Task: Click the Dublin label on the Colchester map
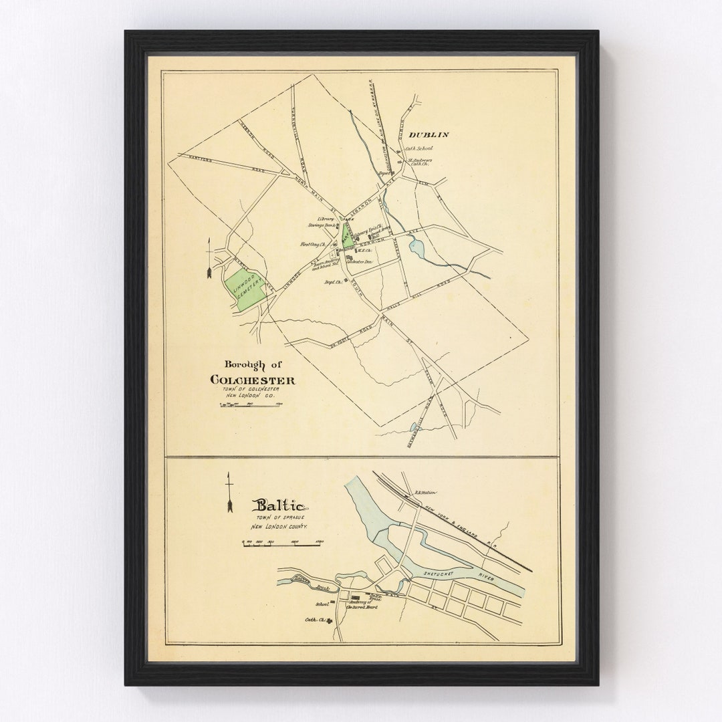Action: point(429,134)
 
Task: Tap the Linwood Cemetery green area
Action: point(244,289)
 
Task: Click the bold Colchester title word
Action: point(253,380)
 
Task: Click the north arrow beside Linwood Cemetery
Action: point(210,257)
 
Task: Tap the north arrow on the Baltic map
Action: point(229,493)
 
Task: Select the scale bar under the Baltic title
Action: point(281,544)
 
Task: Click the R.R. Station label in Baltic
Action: point(425,493)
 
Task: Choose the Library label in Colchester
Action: point(326,219)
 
